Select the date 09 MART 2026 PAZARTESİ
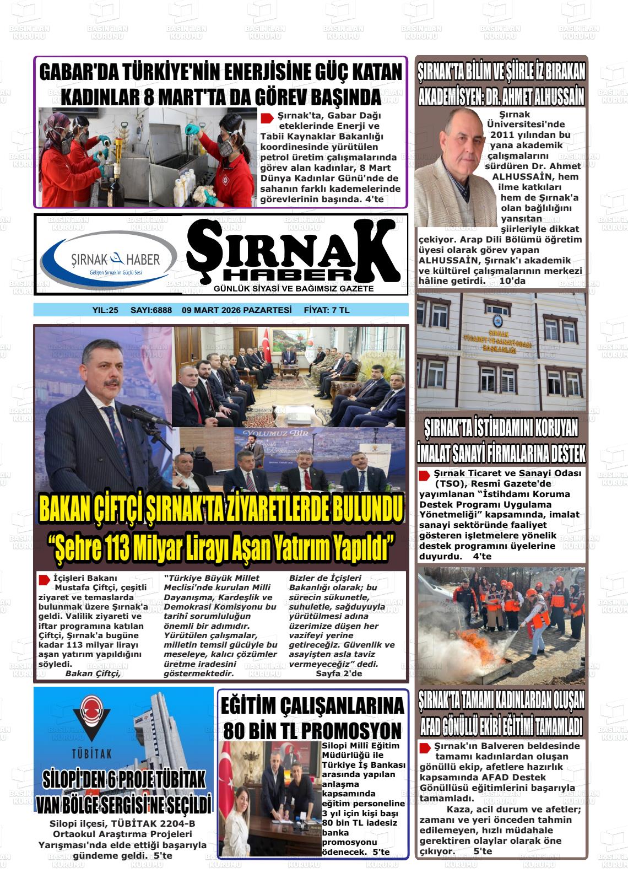236,310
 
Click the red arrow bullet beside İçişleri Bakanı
44,579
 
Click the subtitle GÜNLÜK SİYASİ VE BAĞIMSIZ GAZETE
293,289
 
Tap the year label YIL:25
105,310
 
